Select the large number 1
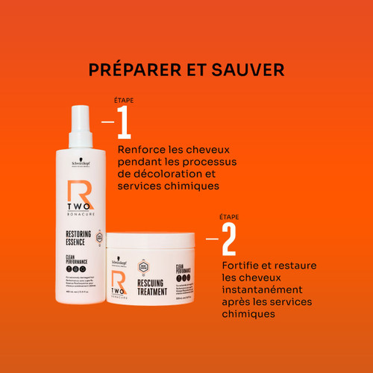pyautogui.click(x=124, y=122)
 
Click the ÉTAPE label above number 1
pyautogui.click(x=122, y=100)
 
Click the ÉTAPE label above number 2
pyautogui.click(x=228, y=216)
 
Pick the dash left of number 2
pyautogui.click(x=212, y=239)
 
